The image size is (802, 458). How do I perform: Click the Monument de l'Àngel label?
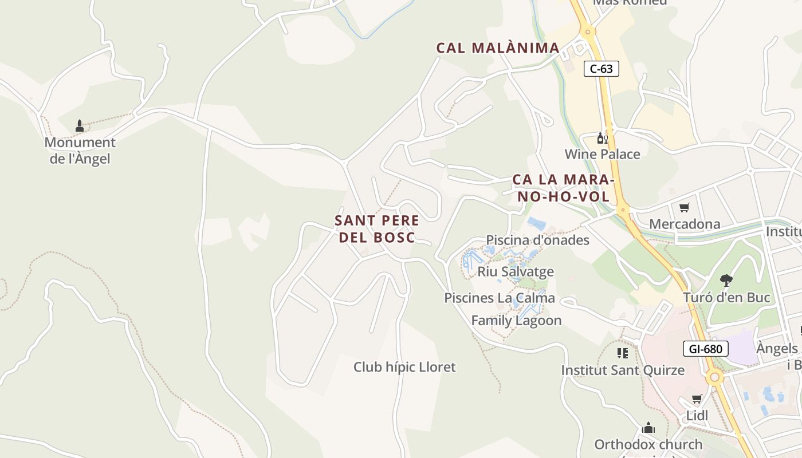tap(80, 151)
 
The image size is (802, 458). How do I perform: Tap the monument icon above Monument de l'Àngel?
tap(80, 126)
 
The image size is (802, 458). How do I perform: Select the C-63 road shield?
tap(601, 69)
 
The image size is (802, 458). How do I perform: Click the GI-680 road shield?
tap(705, 349)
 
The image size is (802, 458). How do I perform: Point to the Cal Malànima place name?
tap(498, 48)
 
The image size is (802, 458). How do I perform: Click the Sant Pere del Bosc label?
tap(377, 229)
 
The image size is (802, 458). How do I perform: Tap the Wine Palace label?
tap(602, 154)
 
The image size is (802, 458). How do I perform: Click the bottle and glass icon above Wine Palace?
tap(602, 138)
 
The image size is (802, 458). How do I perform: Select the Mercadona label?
tap(684, 224)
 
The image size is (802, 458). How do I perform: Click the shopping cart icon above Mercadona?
tap(684, 207)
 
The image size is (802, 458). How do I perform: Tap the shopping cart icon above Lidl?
tap(697, 399)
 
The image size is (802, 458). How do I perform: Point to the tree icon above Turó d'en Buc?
tap(726, 281)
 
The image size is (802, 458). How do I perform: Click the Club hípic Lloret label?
tap(404, 367)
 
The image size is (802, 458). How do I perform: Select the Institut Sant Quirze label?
tap(622, 370)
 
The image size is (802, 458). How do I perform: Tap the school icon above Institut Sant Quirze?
tap(622, 353)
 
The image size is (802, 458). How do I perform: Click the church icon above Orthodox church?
tap(648, 428)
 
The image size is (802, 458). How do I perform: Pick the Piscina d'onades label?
tap(537, 240)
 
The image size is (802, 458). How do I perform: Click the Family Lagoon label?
tap(516, 321)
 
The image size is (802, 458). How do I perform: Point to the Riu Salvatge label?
tap(516, 271)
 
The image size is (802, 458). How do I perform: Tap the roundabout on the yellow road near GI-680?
tap(714, 377)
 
